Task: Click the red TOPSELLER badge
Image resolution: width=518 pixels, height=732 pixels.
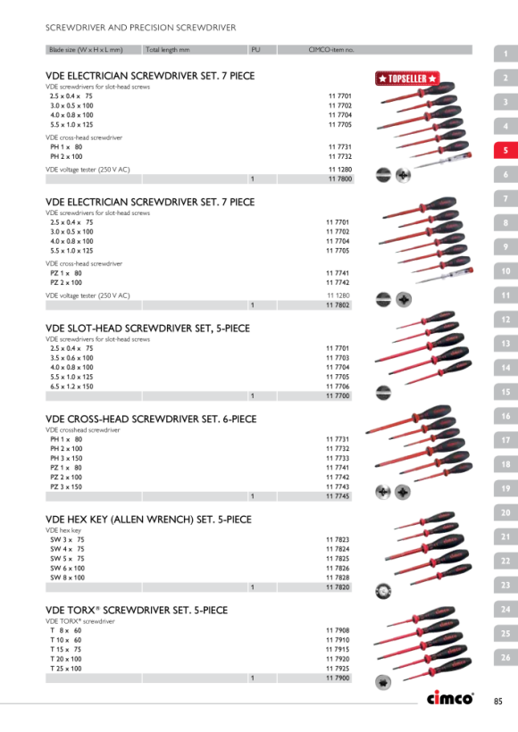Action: (407, 79)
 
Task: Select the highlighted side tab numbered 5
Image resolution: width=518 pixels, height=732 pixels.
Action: (505, 150)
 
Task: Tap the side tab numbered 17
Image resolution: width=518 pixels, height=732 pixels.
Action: (505, 440)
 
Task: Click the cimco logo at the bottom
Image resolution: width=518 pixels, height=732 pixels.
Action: (450, 697)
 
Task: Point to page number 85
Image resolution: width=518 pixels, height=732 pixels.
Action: (498, 701)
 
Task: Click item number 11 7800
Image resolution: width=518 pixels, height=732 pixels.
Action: (340, 179)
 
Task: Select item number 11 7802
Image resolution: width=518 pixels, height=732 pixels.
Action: (338, 305)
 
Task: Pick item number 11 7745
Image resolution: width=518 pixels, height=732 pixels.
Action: (338, 496)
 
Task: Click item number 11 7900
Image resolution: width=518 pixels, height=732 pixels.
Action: (338, 678)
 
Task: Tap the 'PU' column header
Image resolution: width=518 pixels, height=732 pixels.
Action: (255, 49)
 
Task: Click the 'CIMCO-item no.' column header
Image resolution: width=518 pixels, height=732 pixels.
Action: (331, 49)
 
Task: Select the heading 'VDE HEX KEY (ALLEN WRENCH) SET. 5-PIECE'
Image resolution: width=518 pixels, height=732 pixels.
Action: (148, 520)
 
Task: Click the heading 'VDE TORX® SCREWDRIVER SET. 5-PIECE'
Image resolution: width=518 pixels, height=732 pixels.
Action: (137, 611)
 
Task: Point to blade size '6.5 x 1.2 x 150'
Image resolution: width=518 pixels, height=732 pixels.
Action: (72, 387)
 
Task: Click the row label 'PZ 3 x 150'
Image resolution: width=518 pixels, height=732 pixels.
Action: (66, 487)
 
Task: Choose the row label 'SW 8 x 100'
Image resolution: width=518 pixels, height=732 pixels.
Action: (68, 578)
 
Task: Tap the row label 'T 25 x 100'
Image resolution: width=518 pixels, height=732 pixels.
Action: (66, 669)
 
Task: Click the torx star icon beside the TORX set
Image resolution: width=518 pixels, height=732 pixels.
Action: (383, 683)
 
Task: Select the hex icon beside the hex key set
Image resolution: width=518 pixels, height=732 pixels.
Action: (383, 592)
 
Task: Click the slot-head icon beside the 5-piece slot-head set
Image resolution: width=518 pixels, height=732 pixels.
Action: (383, 393)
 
